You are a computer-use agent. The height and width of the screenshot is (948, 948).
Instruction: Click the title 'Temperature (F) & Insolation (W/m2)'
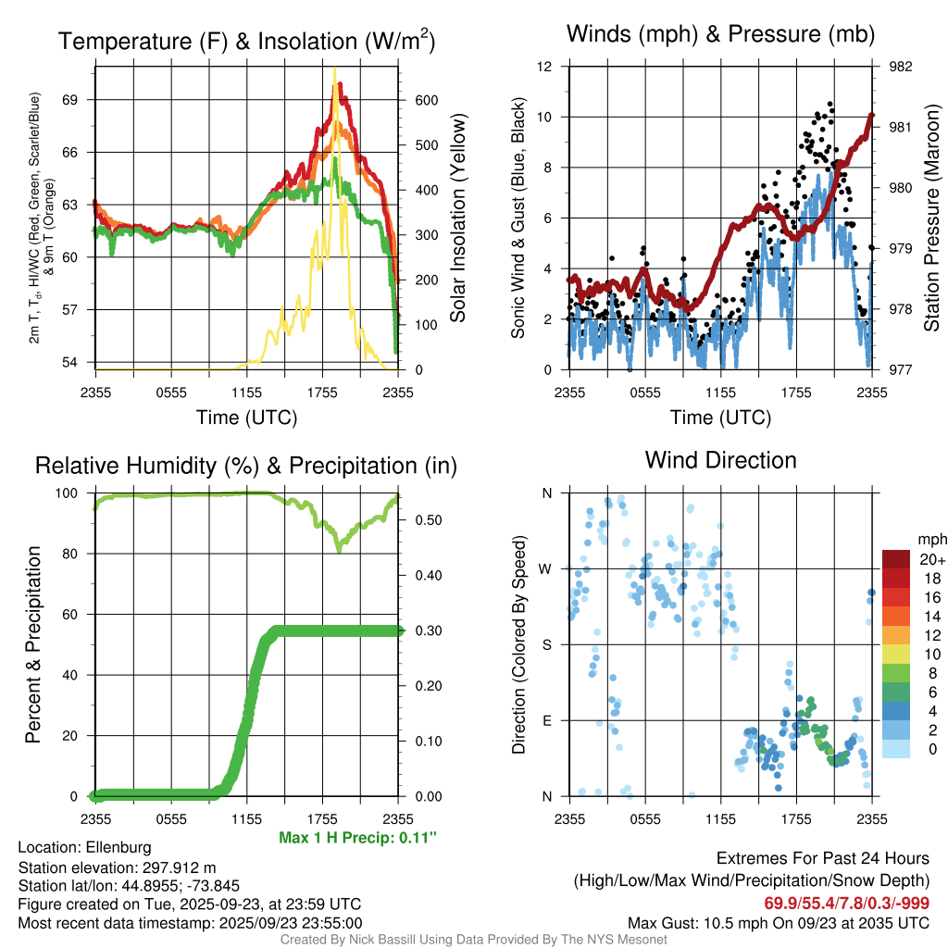coord(246,41)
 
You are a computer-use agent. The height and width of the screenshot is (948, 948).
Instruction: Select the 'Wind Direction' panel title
coord(720,459)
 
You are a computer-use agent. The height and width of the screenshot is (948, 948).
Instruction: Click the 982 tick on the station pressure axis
coord(902,67)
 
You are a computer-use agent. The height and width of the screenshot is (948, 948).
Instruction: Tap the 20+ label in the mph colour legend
coord(930,559)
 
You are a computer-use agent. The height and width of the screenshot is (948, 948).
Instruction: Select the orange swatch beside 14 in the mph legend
coord(895,616)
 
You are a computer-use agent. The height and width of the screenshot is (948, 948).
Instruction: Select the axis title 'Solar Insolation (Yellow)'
coord(457,218)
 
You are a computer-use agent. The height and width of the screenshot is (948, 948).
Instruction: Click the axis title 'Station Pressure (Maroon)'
coord(931,218)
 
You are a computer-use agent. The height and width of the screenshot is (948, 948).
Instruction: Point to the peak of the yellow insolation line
coord(334,70)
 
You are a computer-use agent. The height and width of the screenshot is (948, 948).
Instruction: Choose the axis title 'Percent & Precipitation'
coord(33,644)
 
